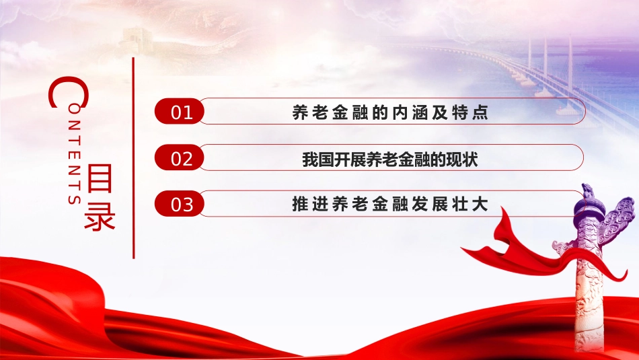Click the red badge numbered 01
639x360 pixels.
(x=180, y=111)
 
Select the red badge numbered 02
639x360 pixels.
(x=180, y=157)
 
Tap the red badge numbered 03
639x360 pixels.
(x=180, y=203)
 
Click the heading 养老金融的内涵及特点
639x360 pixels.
(x=390, y=112)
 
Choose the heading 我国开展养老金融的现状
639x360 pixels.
(x=390, y=159)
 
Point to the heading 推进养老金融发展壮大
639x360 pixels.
(x=390, y=204)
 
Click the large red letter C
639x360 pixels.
(x=68, y=92)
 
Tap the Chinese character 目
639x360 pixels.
(x=100, y=178)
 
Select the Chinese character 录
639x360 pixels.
(x=100, y=215)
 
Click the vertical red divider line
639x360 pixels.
(x=133, y=157)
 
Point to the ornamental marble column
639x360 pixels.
(x=589, y=269)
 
